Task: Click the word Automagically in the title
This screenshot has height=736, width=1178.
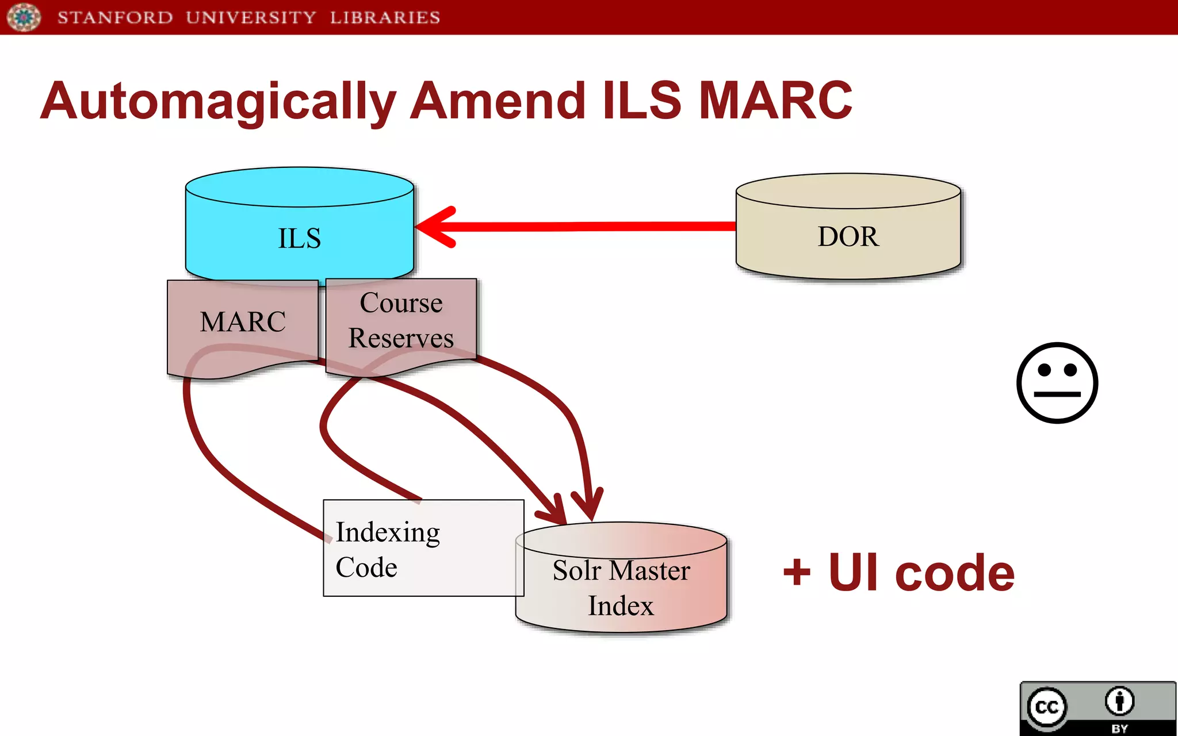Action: [x=219, y=102]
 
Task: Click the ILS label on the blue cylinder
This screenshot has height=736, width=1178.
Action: [x=299, y=239]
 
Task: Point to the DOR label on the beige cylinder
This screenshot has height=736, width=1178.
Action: [x=848, y=237]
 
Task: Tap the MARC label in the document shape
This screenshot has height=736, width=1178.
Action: [x=243, y=322]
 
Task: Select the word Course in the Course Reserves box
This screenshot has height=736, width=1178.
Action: [x=401, y=303]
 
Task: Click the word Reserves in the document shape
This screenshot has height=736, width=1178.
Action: [x=401, y=338]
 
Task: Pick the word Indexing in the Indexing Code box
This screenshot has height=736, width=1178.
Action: [x=388, y=532]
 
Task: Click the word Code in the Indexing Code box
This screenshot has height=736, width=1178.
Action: [x=366, y=568]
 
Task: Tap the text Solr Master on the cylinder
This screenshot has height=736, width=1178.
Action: [x=621, y=571]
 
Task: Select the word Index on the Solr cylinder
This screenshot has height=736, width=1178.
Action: [x=621, y=606]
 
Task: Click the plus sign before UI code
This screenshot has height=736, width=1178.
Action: [x=797, y=573]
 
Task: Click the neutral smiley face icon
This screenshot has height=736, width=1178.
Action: [x=1057, y=383]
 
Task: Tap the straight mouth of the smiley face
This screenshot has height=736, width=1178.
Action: [x=1057, y=394]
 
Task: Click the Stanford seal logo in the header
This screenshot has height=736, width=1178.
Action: [x=24, y=17]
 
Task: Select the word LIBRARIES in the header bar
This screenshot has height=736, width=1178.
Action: [x=385, y=18]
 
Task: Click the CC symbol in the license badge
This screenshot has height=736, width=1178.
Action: [x=1046, y=707]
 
